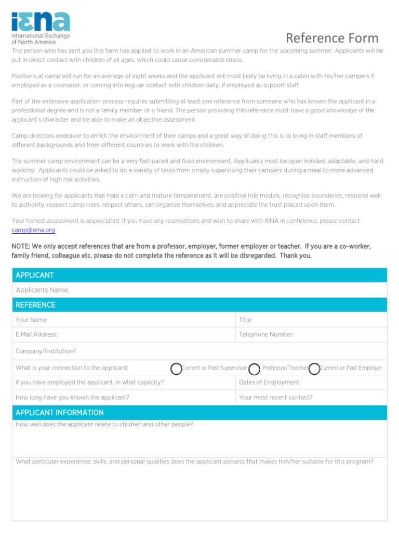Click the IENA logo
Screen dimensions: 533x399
41,28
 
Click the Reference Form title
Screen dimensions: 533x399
332,38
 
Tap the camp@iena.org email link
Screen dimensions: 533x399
33,230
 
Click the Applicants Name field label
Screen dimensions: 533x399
43,290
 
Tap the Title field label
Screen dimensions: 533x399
246,320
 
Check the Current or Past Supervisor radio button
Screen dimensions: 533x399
177,369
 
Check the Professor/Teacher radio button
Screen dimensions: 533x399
254,369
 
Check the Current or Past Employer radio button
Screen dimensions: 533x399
314,369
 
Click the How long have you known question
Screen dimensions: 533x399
73,398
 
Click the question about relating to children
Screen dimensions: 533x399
104,425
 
